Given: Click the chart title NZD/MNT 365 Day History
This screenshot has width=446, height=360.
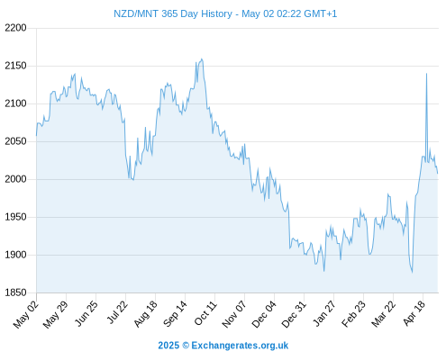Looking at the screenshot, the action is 173,13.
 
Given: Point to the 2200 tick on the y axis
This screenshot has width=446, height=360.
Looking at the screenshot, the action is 15,28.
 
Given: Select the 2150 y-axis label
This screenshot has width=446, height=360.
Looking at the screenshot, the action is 15,66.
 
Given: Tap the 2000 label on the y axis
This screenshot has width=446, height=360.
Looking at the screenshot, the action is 15,179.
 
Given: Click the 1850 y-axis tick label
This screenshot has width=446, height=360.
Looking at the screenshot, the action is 15,292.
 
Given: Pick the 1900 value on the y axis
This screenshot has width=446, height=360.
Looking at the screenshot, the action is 15,255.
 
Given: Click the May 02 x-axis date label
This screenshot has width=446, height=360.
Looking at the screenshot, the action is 26,314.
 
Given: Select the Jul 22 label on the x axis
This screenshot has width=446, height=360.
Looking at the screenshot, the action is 117,312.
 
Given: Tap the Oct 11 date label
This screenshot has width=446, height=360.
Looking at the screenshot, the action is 205,313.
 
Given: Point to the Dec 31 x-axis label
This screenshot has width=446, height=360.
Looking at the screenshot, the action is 294,314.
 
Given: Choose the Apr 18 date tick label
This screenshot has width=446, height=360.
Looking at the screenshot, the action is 414,313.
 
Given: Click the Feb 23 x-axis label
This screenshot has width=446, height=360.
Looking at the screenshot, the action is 354,314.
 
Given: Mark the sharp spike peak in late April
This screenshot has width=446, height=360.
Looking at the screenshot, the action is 426,74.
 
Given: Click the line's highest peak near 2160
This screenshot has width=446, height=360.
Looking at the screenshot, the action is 202,58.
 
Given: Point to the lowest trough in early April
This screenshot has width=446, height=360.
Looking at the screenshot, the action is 412,273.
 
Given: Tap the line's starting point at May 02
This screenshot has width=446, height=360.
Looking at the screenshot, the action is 37,136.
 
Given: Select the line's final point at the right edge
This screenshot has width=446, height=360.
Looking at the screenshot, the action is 438,173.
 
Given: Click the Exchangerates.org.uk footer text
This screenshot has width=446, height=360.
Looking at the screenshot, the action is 240,346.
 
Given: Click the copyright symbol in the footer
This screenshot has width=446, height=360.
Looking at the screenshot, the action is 186,346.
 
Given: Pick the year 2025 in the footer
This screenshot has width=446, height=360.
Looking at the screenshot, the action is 168,346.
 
